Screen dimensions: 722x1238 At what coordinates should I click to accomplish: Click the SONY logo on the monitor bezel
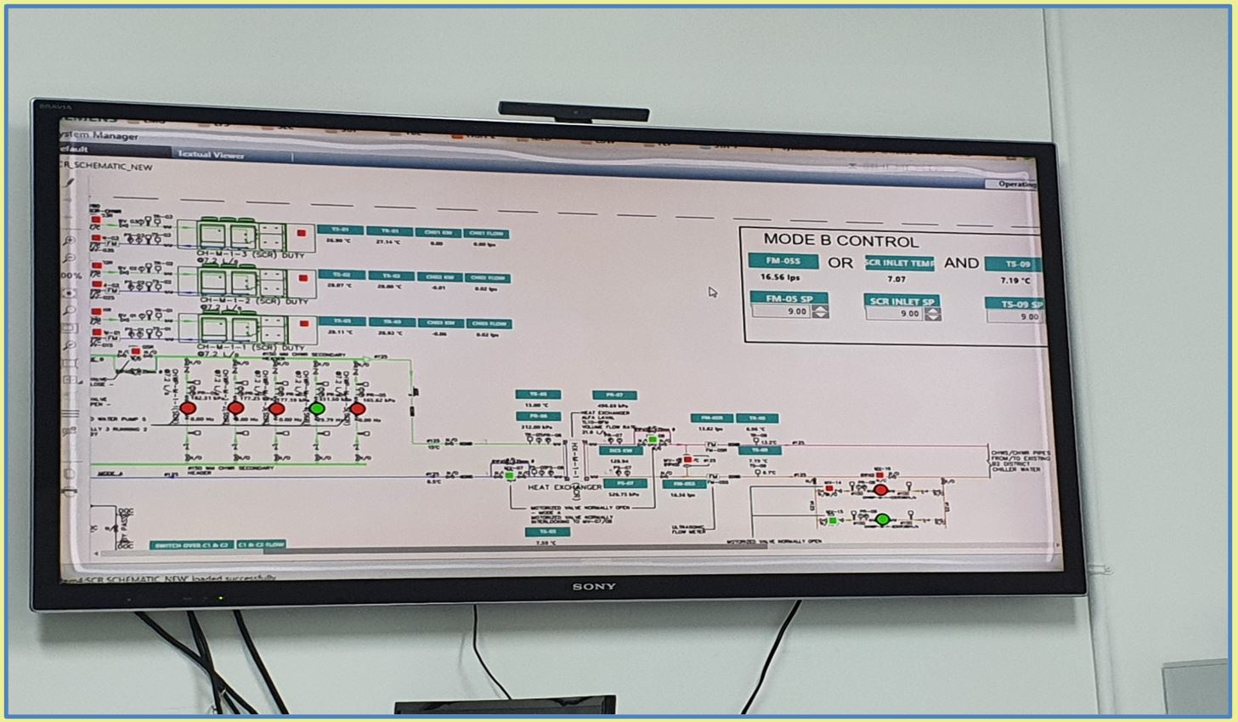tap(594, 587)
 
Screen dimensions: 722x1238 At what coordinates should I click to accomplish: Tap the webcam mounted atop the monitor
tap(574, 111)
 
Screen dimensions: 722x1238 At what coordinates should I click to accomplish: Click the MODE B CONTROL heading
tap(840, 241)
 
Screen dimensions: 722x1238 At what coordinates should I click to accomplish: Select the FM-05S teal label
tap(783, 261)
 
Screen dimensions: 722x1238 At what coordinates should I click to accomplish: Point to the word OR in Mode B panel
tap(840, 263)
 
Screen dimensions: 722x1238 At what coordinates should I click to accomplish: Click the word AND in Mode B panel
tap(961, 263)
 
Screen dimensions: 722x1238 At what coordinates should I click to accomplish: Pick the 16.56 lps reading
tap(780, 278)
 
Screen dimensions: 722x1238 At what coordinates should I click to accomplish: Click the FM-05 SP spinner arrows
tap(820, 312)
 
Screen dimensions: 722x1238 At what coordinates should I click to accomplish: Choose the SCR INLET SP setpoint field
tap(895, 314)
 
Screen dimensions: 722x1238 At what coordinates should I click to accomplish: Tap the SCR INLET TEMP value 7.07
tap(896, 279)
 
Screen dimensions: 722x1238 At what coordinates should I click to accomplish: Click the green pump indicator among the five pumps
tap(317, 409)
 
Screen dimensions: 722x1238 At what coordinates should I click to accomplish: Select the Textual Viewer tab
tap(211, 155)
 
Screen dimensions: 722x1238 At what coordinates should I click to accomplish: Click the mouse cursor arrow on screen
tap(712, 292)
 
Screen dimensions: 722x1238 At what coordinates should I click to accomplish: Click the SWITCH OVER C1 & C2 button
tap(190, 544)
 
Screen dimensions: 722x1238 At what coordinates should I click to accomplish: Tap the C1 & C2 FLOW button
tap(261, 544)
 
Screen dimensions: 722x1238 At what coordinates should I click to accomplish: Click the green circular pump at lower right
tap(882, 519)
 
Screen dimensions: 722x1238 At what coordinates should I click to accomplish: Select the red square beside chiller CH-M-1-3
tap(301, 233)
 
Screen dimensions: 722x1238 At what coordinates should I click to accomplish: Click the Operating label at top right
tap(1016, 184)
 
